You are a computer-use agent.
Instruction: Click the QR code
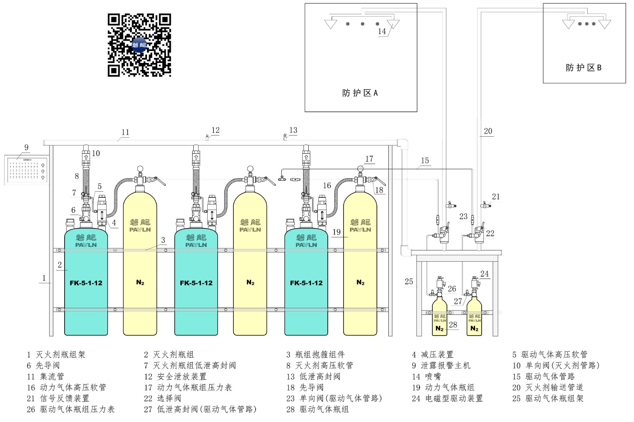(x=139, y=45)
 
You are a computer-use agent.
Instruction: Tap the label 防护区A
(x=360, y=93)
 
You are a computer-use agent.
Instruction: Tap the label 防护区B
(x=584, y=68)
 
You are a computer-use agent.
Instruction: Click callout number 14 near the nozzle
(x=382, y=31)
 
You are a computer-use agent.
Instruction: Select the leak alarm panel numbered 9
(x=27, y=170)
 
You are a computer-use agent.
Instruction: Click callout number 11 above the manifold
(x=125, y=132)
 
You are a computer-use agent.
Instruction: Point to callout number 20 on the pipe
(x=488, y=131)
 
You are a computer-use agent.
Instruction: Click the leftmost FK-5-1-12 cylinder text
(x=86, y=283)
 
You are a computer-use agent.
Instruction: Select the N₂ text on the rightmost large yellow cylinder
(x=360, y=283)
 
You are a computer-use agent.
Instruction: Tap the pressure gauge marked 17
(x=360, y=169)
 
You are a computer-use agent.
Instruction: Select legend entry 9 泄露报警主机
(x=441, y=365)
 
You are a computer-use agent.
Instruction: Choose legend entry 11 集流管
(x=46, y=376)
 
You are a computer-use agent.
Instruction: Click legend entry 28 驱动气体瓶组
(x=317, y=409)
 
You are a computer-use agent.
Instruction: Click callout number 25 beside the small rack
(x=409, y=282)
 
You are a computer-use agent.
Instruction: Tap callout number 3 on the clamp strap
(x=163, y=240)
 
